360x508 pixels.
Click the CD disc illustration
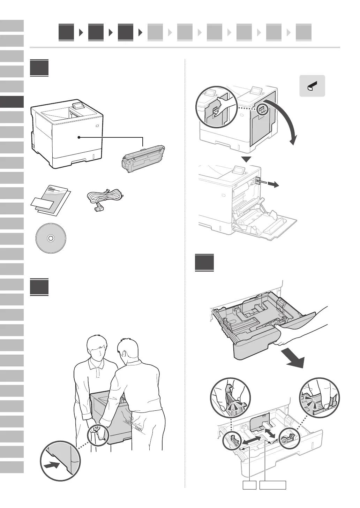[51, 238]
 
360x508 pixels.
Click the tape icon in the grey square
[312, 86]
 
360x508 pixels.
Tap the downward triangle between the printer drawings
[247, 159]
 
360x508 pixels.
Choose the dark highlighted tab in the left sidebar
[12, 102]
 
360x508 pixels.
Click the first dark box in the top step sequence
[66, 32]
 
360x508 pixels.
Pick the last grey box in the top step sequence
[303, 32]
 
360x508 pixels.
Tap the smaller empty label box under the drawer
[249, 485]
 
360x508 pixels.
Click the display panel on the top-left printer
[78, 105]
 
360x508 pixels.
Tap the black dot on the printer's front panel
[79, 137]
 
